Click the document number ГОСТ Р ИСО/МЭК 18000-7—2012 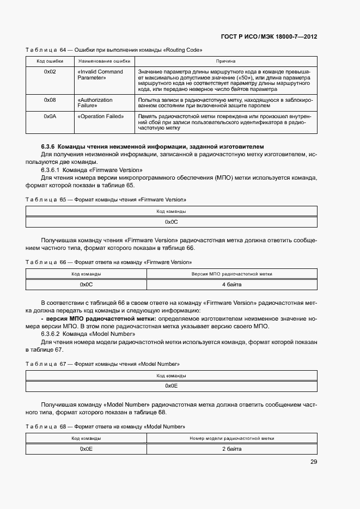[x=269, y=37]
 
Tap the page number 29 [x=314, y=462]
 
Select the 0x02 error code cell [x=50, y=72]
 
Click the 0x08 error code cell [x=50, y=100]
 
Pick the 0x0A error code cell [x=50, y=116]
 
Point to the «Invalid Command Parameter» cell [x=101, y=75]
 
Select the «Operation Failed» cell [x=101, y=116]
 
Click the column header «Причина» [x=225, y=62]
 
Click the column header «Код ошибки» [x=50, y=62]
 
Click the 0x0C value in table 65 [x=172, y=222]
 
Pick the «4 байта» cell [x=231, y=285]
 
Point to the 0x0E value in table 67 [x=172, y=386]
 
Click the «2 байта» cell [x=231, y=449]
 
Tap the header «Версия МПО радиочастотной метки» [x=231, y=274]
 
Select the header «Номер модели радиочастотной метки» [x=231, y=438]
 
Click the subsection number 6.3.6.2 [x=52, y=334]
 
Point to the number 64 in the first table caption [x=63, y=50]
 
